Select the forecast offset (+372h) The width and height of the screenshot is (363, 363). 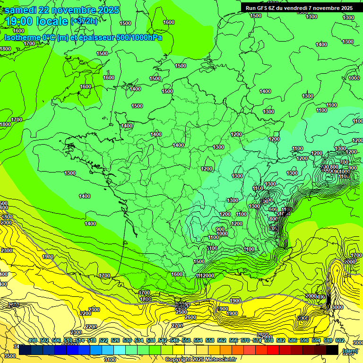point(84,21)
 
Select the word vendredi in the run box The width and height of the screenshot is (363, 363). point(296,8)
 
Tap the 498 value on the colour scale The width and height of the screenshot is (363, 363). point(33,340)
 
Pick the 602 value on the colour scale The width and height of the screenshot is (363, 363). point(340,340)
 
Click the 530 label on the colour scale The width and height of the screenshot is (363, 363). point(127,340)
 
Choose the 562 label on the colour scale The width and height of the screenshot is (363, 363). point(222,340)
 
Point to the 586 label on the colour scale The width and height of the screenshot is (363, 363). point(293,340)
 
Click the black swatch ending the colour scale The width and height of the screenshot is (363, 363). point(332,350)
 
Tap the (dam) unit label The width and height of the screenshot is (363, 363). point(350,351)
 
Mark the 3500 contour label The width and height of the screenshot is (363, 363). point(9,355)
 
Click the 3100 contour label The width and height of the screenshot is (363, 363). point(110,360)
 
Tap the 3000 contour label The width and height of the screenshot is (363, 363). point(337,307)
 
